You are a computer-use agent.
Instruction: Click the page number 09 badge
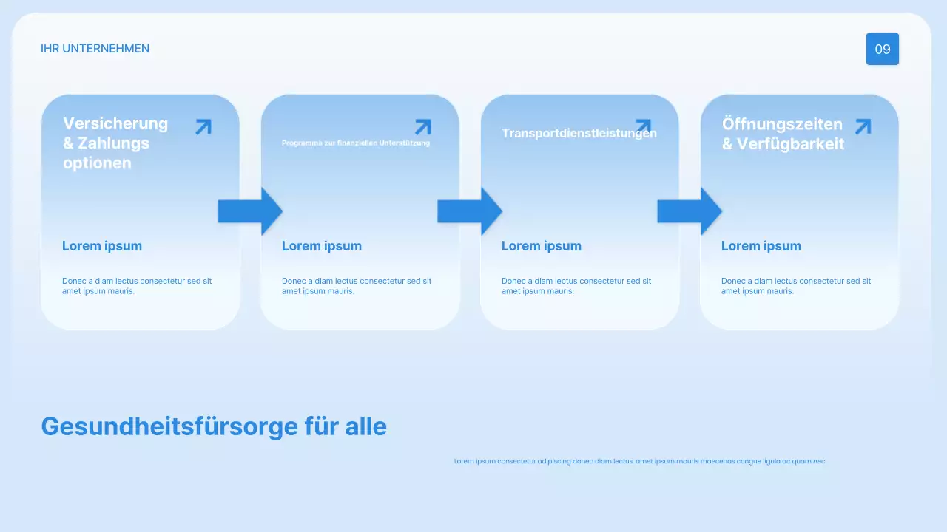[x=883, y=50]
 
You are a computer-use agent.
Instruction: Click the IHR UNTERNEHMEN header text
[x=95, y=49]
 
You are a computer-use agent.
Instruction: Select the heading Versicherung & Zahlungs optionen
[x=115, y=143]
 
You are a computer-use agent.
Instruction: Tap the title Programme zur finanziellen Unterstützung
[x=355, y=143]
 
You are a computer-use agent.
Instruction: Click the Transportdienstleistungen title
[x=579, y=134]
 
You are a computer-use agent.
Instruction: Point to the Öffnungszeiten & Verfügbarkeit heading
[x=783, y=134]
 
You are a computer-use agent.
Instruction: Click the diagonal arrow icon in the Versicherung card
[x=203, y=127]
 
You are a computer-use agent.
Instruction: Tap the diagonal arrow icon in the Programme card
[x=423, y=127]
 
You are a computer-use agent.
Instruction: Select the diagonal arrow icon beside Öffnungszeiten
[x=863, y=126]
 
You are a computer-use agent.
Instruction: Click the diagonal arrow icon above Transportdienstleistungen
[x=643, y=125]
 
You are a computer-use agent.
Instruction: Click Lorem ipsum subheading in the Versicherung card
[x=102, y=246]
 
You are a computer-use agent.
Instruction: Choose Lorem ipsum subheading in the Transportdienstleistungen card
[x=542, y=246]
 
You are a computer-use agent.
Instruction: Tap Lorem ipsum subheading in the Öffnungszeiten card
[x=761, y=246]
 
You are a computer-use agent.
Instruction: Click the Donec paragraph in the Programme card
[x=357, y=286]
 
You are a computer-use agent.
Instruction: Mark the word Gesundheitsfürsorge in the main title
[x=169, y=426]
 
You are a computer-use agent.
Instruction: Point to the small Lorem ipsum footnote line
[x=639, y=461]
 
